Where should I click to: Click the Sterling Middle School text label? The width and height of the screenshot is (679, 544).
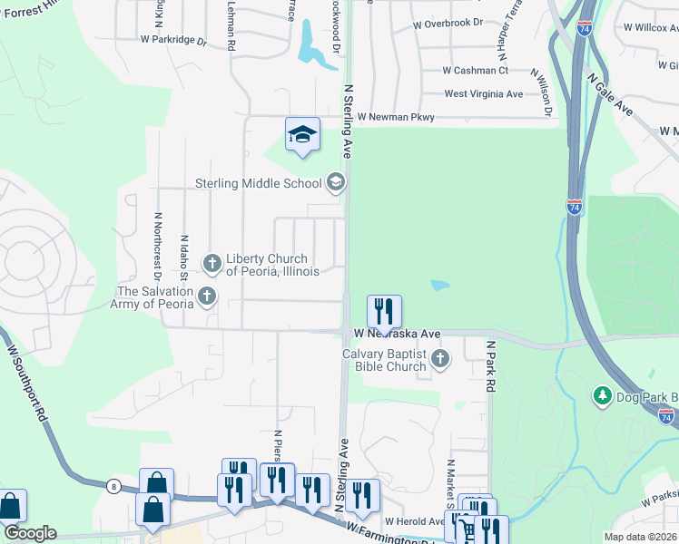(x=259, y=183)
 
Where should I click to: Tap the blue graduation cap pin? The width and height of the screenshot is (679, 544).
(x=303, y=136)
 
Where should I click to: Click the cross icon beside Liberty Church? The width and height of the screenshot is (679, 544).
(x=212, y=264)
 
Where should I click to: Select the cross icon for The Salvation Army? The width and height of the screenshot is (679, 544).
(x=208, y=296)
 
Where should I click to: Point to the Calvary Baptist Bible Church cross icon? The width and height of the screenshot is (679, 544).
(x=440, y=360)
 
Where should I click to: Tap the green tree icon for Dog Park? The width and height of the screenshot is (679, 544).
(x=601, y=396)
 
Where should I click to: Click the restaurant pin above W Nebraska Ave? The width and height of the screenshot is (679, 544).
(x=384, y=312)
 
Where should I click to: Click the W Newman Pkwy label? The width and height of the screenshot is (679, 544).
(x=396, y=117)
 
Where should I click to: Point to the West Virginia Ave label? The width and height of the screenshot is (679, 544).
(x=484, y=93)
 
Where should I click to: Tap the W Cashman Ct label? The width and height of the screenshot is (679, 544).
(x=475, y=70)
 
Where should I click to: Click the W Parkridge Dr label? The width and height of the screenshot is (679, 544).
(x=174, y=40)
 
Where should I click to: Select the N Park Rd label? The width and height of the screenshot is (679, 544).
(x=491, y=366)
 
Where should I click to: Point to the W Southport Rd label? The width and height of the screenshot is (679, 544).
(x=26, y=382)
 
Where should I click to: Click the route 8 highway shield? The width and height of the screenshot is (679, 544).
(x=113, y=486)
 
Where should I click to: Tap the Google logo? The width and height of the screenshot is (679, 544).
(x=29, y=533)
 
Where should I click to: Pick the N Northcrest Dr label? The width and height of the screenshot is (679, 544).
(x=158, y=244)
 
